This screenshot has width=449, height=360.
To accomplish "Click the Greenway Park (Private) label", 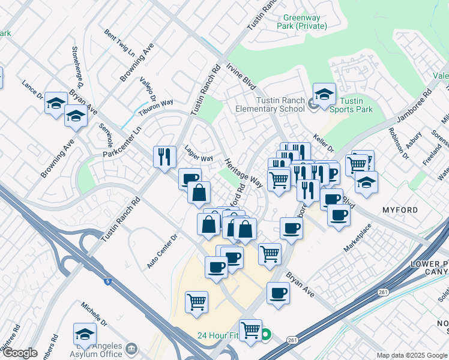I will pos(301,22).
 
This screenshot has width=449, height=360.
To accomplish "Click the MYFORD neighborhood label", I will pos(400,211).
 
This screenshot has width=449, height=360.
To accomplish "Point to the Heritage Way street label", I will pos(244,173).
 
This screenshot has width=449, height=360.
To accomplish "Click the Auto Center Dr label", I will pos(162,251).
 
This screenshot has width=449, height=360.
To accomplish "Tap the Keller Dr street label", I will pos(323,144).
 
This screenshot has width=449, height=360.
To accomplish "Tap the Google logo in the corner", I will pos(20,353).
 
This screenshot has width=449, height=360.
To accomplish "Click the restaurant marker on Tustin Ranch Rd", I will pos(164,157).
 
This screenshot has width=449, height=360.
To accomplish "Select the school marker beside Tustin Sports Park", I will pos(324,94).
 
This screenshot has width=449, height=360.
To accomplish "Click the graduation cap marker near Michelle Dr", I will pos(85,335).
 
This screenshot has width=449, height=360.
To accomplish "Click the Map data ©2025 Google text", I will pos(411,355).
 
